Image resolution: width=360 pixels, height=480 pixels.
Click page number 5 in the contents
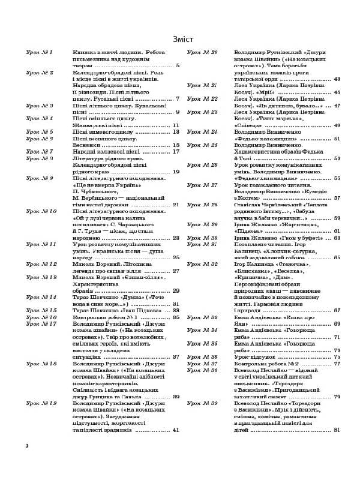click(x=178, y=66)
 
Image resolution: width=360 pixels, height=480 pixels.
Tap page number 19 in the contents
click(x=176, y=172)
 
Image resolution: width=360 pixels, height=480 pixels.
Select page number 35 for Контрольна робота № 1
click(x=176, y=317)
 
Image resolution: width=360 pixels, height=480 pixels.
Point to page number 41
click(x=176, y=430)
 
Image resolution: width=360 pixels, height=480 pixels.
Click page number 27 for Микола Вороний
click(x=176, y=271)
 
